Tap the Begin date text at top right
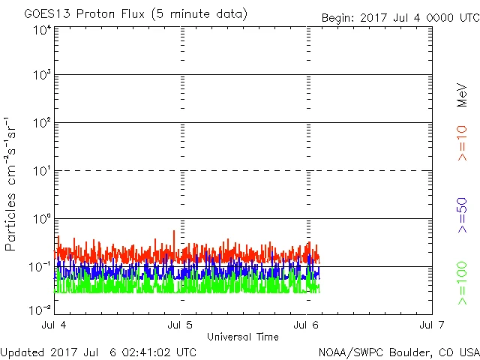pyautogui.click(x=400, y=18)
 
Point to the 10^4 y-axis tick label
pyautogui.click(x=42, y=29)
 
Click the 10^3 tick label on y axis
pyautogui.click(x=42, y=76)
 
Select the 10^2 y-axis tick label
pyautogui.click(x=42, y=123)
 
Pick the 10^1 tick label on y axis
pyautogui.click(x=42, y=171)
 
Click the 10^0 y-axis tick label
pyautogui.click(x=42, y=219)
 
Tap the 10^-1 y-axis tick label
pyautogui.click(x=40, y=266)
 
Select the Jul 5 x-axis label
pyautogui.click(x=181, y=325)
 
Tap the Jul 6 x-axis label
pyautogui.click(x=306, y=325)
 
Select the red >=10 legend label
pyautogui.click(x=463, y=142)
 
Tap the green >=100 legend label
pyautogui.click(x=463, y=283)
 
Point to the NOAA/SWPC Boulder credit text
pyautogui.click(x=398, y=352)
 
